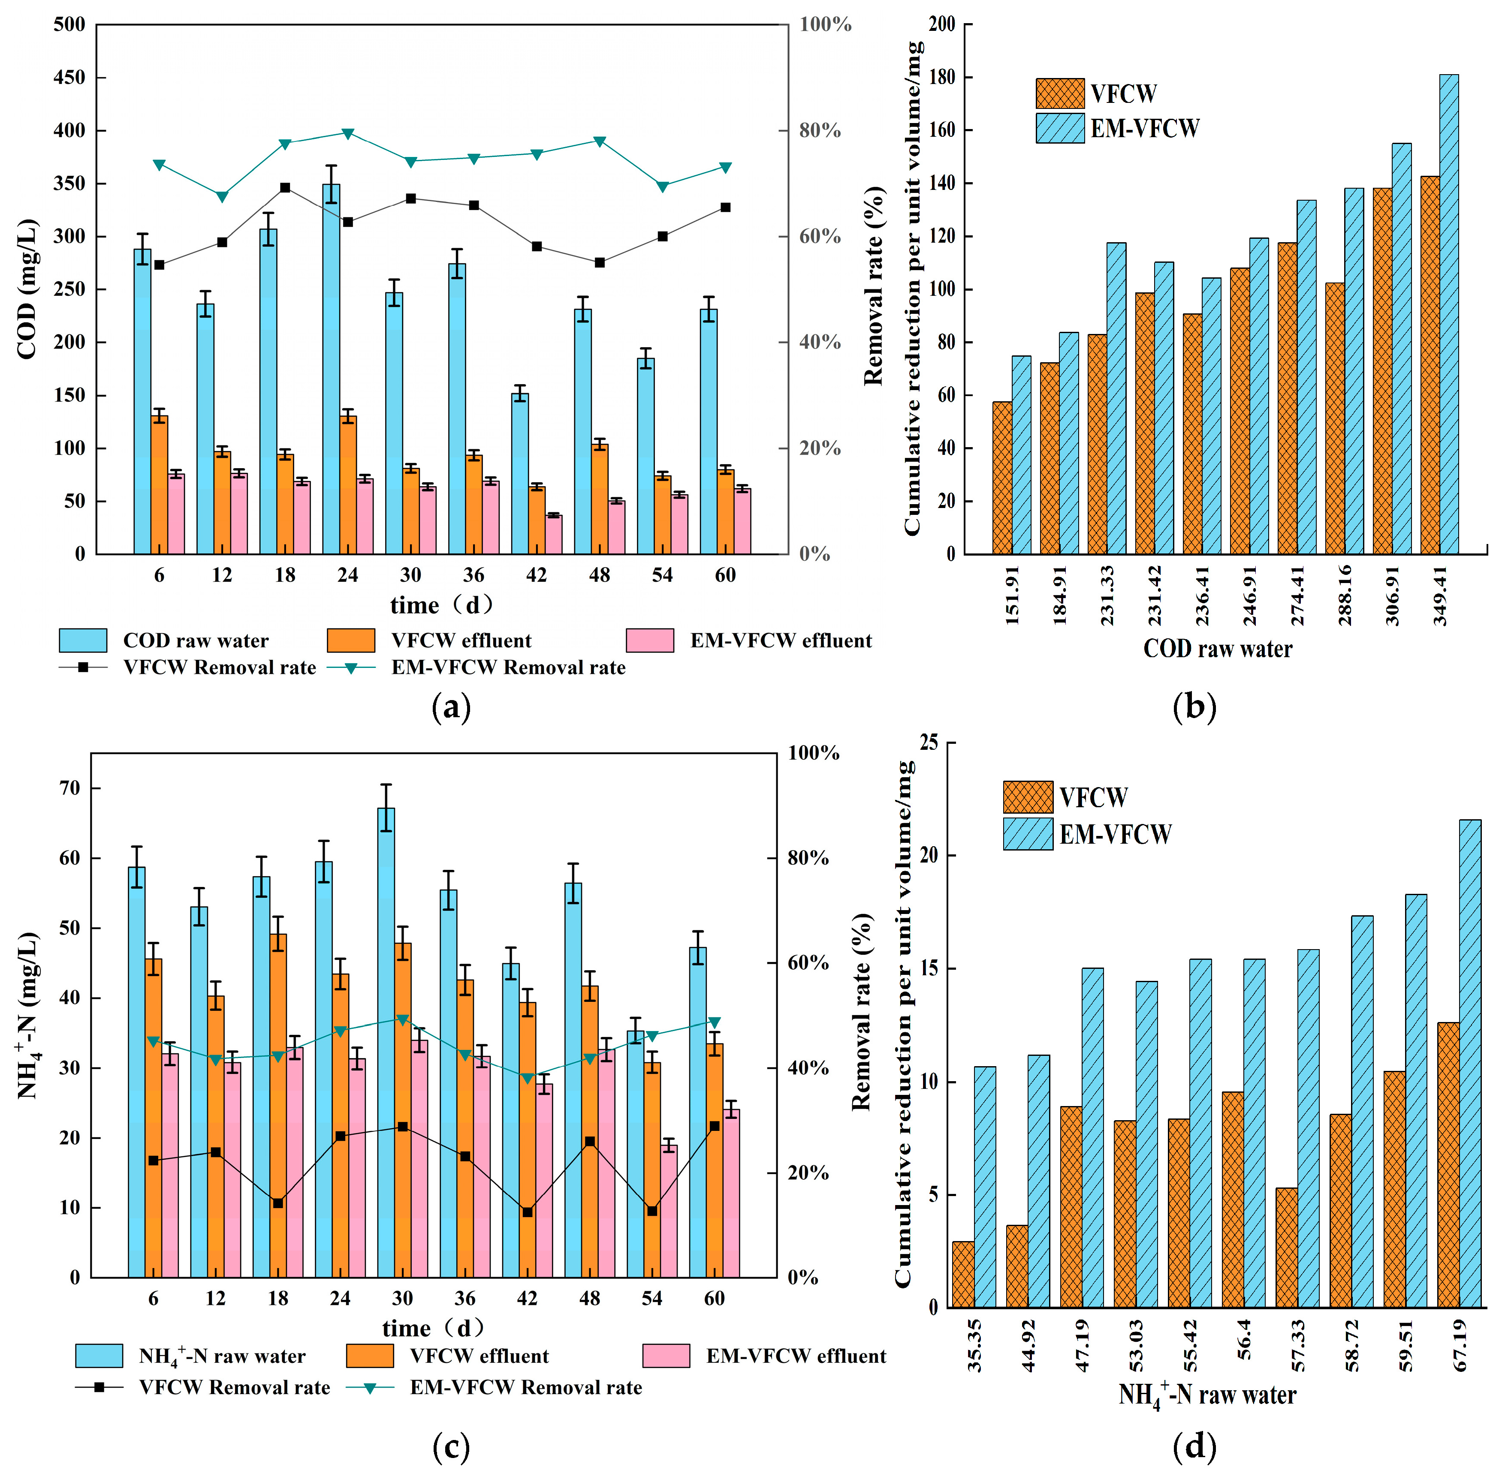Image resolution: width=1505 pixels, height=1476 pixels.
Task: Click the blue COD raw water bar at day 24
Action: click(331, 372)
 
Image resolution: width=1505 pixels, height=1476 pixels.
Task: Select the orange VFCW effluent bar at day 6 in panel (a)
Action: click(160, 484)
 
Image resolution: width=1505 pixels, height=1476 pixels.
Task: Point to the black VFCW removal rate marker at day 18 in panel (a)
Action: click(284, 188)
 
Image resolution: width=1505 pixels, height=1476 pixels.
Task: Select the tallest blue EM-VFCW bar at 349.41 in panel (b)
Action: click(1448, 314)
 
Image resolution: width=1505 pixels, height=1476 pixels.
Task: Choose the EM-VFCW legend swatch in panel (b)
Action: click(1060, 128)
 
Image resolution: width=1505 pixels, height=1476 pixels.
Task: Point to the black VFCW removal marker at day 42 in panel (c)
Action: click(527, 1212)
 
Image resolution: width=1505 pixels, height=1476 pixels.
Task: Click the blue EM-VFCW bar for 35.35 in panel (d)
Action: click(985, 1187)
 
